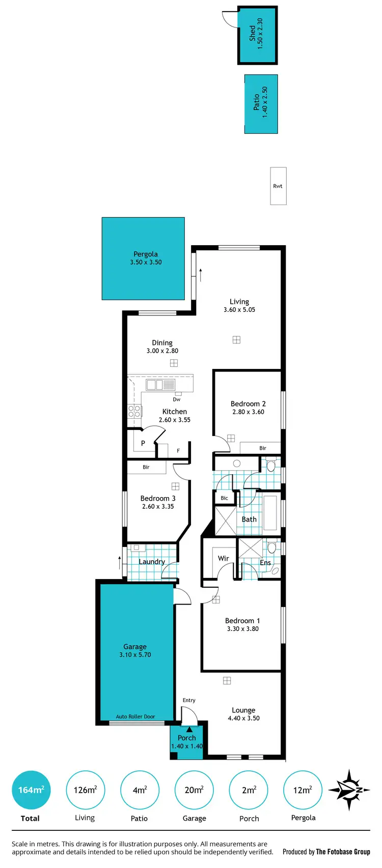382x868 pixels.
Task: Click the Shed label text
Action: (252, 34)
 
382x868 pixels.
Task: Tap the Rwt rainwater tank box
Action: (278, 186)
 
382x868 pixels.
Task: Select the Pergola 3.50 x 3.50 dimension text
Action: (146, 263)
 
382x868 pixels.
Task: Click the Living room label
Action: (239, 302)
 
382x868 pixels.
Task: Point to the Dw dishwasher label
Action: (177, 399)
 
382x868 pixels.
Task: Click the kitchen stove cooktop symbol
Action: (134, 411)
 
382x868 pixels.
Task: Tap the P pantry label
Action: (143, 443)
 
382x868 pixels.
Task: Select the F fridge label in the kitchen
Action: (178, 451)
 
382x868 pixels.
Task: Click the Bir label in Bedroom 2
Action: (263, 448)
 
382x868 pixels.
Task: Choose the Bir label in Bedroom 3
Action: (146, 467)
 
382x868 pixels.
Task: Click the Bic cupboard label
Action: (224, 498)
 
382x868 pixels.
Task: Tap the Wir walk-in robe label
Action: (224, 558)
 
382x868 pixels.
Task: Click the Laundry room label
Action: (152, 562)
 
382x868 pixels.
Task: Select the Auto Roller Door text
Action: (135, 716)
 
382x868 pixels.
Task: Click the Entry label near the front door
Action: (189, 700)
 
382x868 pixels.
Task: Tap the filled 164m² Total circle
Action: (31, 790)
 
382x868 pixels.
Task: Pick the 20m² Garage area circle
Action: (194, 790)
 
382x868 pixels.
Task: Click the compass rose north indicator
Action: (349, 790)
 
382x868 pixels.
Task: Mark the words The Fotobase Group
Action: (343, 852)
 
